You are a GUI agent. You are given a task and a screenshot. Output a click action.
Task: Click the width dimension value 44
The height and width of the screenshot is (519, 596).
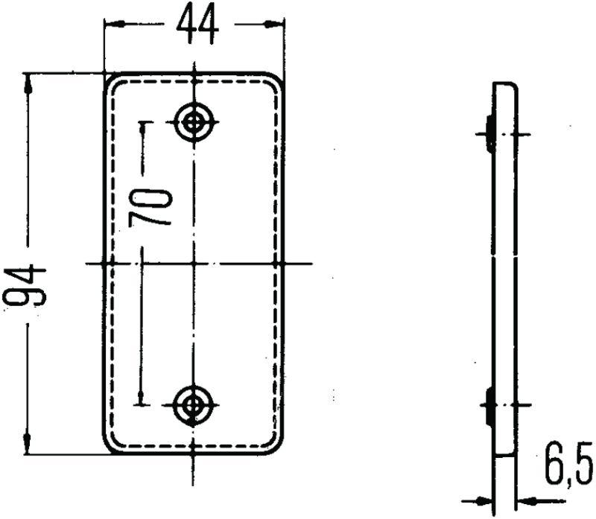click(197, 25)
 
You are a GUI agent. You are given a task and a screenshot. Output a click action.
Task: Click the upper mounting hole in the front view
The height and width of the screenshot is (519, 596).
click(194, 121)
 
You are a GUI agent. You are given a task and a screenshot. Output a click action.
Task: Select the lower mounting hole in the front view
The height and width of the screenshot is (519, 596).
click(194, 405)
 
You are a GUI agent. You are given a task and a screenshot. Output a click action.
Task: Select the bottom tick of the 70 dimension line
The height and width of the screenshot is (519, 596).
click(142, 404)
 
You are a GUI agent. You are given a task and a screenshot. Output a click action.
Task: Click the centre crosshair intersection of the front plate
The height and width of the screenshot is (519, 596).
click(194, 263)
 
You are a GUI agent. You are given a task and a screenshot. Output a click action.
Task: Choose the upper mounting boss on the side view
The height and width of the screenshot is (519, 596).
click(489, 134)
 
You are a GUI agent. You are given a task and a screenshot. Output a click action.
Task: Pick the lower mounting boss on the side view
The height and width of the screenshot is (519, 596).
click(489, 406)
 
